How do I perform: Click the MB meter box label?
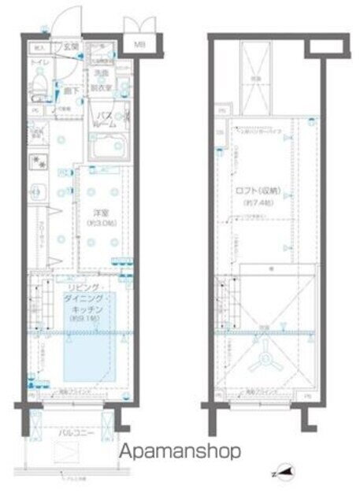click(x=139, y=45)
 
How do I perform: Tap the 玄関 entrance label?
click(x=69, y=46)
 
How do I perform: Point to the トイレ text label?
click(x=37, y=61)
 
